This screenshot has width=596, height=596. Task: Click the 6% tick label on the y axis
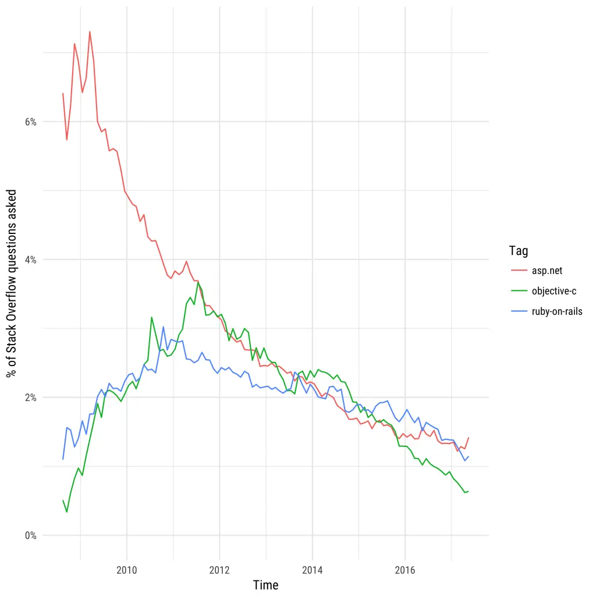[x=30, y=122]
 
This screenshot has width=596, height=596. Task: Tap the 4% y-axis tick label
[x=30, y=260]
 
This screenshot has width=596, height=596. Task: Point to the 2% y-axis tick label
[x=30, y=398]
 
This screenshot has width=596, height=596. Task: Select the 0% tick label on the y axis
[x=30, y=535]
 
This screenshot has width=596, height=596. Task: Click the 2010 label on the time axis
[x=126, y=569]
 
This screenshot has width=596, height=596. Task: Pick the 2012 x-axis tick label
[x=219, y=569]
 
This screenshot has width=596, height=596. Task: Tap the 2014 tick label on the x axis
[x=313, y=569]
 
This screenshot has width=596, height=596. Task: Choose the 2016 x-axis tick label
[x=405, y=569]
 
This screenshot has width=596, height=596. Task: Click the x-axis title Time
[x=265, y=585]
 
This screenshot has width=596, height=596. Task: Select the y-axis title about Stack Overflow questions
[x=12, y=283]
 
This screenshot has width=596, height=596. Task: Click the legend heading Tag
[x=518, y=251]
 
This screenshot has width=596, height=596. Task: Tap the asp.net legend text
[x=547, y=271]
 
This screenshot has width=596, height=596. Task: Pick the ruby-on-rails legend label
[x=557, y=311]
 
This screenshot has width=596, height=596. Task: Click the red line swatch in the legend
[x=519, y=271]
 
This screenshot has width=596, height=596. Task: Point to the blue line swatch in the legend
[x=519, y=311]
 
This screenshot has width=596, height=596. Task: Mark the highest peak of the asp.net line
[x=90, y=31]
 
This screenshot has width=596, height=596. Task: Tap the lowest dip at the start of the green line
[x=67, y=512]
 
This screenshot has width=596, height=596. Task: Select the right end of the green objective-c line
[x=469, y=492]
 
